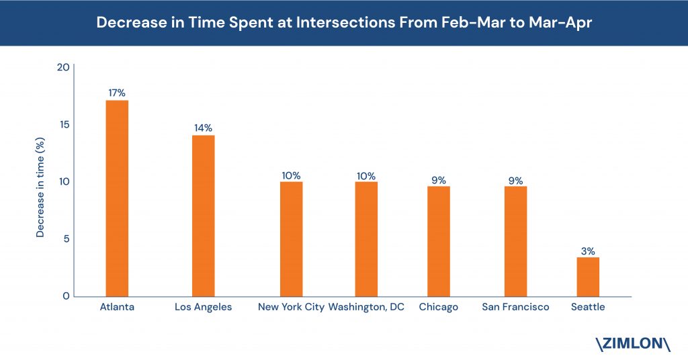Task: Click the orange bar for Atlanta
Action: click(117, 199)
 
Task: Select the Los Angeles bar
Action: click(203, 216)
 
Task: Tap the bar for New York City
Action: click(292, 239)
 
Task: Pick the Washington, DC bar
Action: click(366, 239)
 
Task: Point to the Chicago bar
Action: click(438, 242)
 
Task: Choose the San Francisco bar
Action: click(515, 242)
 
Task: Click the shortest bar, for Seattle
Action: click(588, 277)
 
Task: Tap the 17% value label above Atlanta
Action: click(117, 93)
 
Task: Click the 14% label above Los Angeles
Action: click(203, 128)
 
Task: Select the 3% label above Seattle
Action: click(588, 251)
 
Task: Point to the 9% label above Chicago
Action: click(438, 180)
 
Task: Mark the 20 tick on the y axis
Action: click(63, 67)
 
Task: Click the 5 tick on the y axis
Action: click(67, 239)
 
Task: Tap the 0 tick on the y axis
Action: click(67, 296)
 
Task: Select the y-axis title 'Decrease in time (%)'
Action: click(40, 187)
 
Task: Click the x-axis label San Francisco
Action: click(515, 307)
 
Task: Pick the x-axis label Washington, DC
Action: click(366, 307)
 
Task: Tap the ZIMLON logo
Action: click(633, 344)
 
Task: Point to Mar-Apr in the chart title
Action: click(560, 23)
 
